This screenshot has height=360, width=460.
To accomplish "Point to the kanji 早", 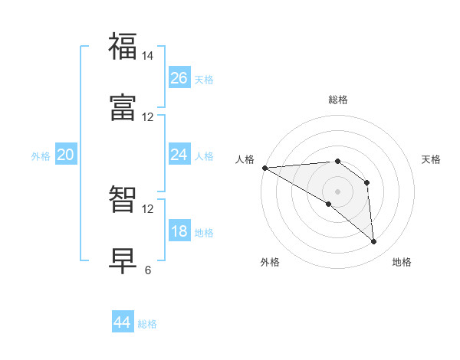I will click(123, 260).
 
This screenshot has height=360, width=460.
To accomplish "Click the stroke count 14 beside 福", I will click(148, 56).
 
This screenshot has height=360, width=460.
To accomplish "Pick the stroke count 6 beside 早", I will click(148, 270).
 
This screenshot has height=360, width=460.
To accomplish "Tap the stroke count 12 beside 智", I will click(148, 208).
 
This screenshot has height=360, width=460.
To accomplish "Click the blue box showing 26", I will click(179, 78).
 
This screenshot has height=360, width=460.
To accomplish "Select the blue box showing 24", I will click(179, 155).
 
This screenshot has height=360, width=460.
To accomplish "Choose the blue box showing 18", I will click(179, 232).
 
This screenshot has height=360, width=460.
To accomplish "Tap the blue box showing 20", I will click(66, 155).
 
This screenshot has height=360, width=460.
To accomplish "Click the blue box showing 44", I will click(123, 322).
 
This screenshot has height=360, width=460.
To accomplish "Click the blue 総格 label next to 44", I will click(147, 324).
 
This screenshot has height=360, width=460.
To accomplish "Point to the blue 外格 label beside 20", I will click(41, 156).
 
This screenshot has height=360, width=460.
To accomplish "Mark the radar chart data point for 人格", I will click(264, 168).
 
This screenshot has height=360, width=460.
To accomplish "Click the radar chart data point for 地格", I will click(374, 242).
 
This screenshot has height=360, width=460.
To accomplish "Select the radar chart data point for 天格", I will click(367, 182).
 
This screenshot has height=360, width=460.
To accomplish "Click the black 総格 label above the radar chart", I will click(338, 100).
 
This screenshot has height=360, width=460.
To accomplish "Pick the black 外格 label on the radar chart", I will click(270, 262).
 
